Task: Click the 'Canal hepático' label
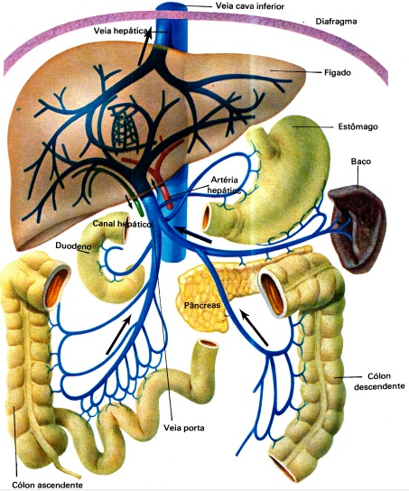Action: [123, 221]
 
